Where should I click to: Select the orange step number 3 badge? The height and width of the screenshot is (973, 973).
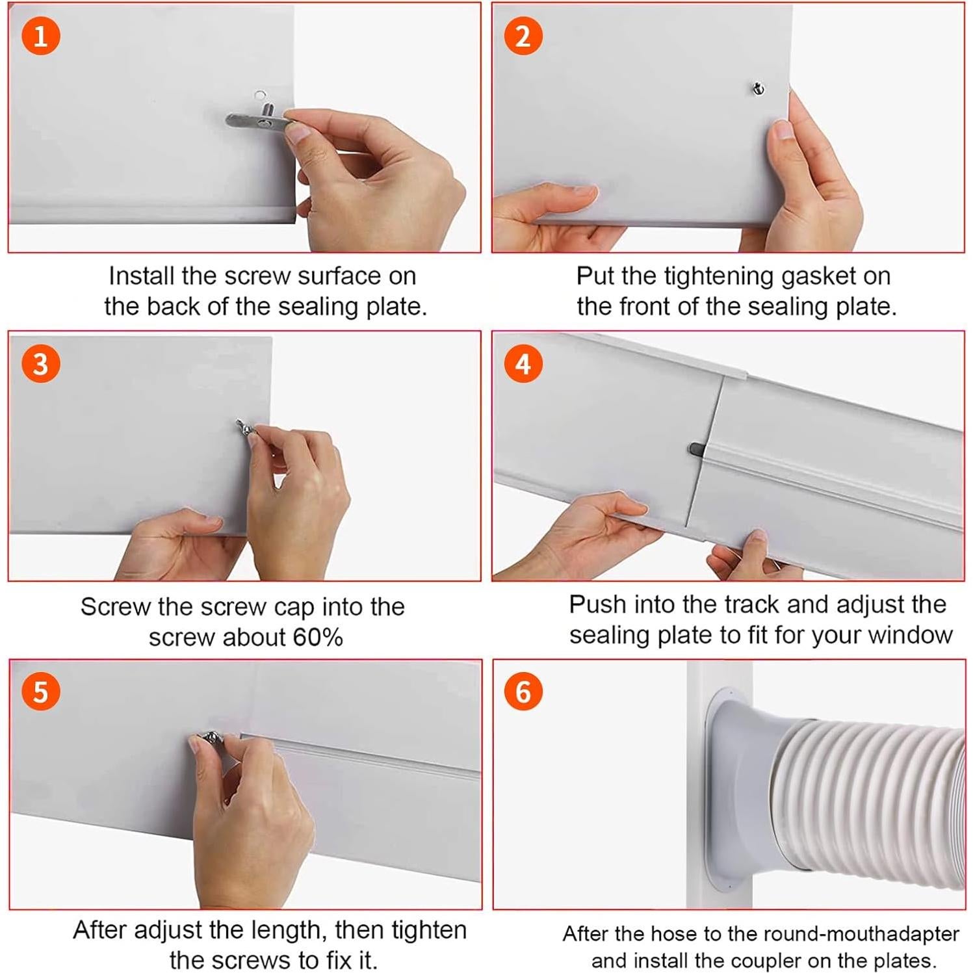[40, 363]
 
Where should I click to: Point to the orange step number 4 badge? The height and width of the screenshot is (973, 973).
[523, 363]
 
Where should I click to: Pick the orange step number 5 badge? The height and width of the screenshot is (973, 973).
[40, 692]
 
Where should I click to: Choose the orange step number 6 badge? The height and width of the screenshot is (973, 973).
[523, 692]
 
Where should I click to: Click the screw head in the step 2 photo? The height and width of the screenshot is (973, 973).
[758, 88]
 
